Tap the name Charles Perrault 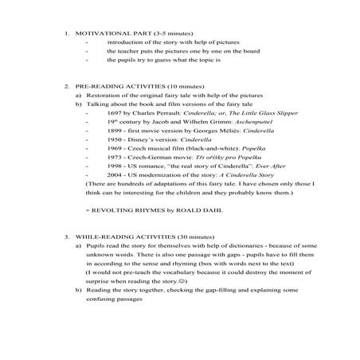[156, 114]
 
